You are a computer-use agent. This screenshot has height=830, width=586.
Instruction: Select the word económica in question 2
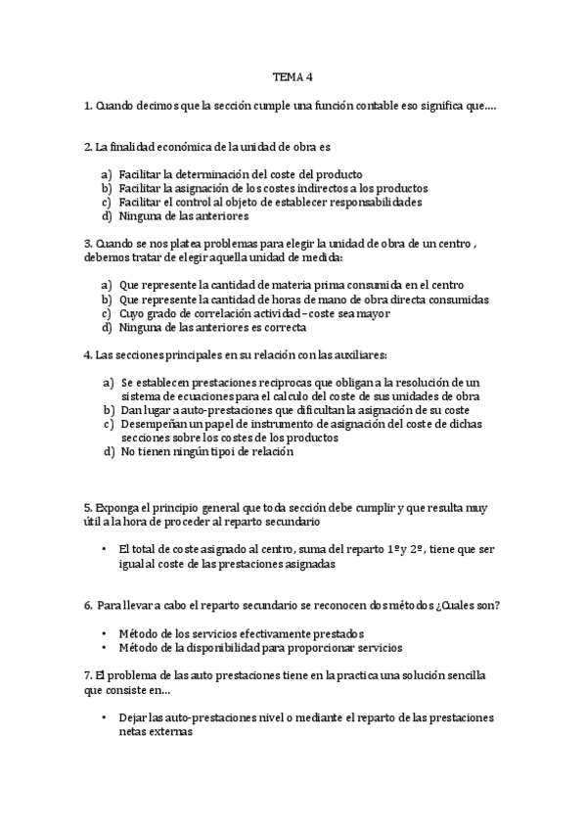pos(172,147)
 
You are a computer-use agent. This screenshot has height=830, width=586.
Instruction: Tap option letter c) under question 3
pos(106,313)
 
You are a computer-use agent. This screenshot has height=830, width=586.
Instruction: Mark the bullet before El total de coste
pos(105,550)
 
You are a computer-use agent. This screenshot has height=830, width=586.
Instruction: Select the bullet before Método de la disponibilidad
pos(105,648)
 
